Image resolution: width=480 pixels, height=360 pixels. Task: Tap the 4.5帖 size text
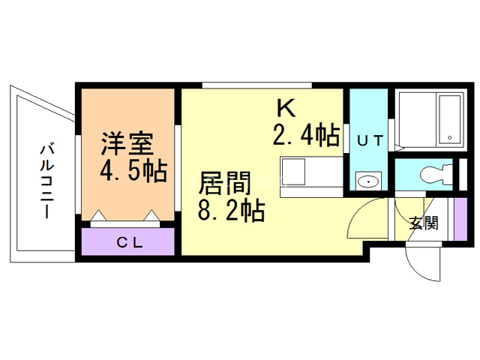(x=132, y=171)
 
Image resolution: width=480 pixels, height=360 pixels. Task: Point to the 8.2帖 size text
(x=230, y=211)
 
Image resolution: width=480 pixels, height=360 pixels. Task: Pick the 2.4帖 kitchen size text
(x=304, y=136)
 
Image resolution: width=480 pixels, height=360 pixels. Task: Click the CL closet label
(x=127, y=241)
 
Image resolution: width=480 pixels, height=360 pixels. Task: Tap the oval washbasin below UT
(x=367, y=181)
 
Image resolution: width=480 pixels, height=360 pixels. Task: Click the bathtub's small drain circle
(x=450, y=137)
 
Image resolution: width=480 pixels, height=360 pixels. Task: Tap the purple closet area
(x=127, y=241)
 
